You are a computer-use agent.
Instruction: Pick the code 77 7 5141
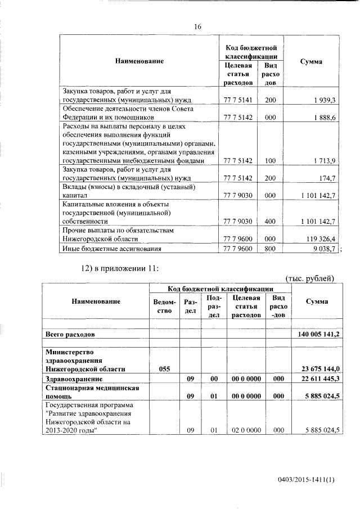pyautogui.click(x=237, y=100)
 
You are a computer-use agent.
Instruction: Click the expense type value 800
pyautogui.click(x=270, y=248)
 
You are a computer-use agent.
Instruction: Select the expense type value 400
pyautogui.click(x=270, y=222)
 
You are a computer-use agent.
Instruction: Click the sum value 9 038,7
pyautogui.click(x=324, y=248)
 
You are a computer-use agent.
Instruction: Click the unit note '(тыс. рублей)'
pyautogui.click(x=310, y=278)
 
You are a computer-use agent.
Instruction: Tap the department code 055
pyautogui.click(x=164, y=369)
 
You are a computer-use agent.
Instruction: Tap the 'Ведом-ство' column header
pyautogui.click(x=164, y=306)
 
